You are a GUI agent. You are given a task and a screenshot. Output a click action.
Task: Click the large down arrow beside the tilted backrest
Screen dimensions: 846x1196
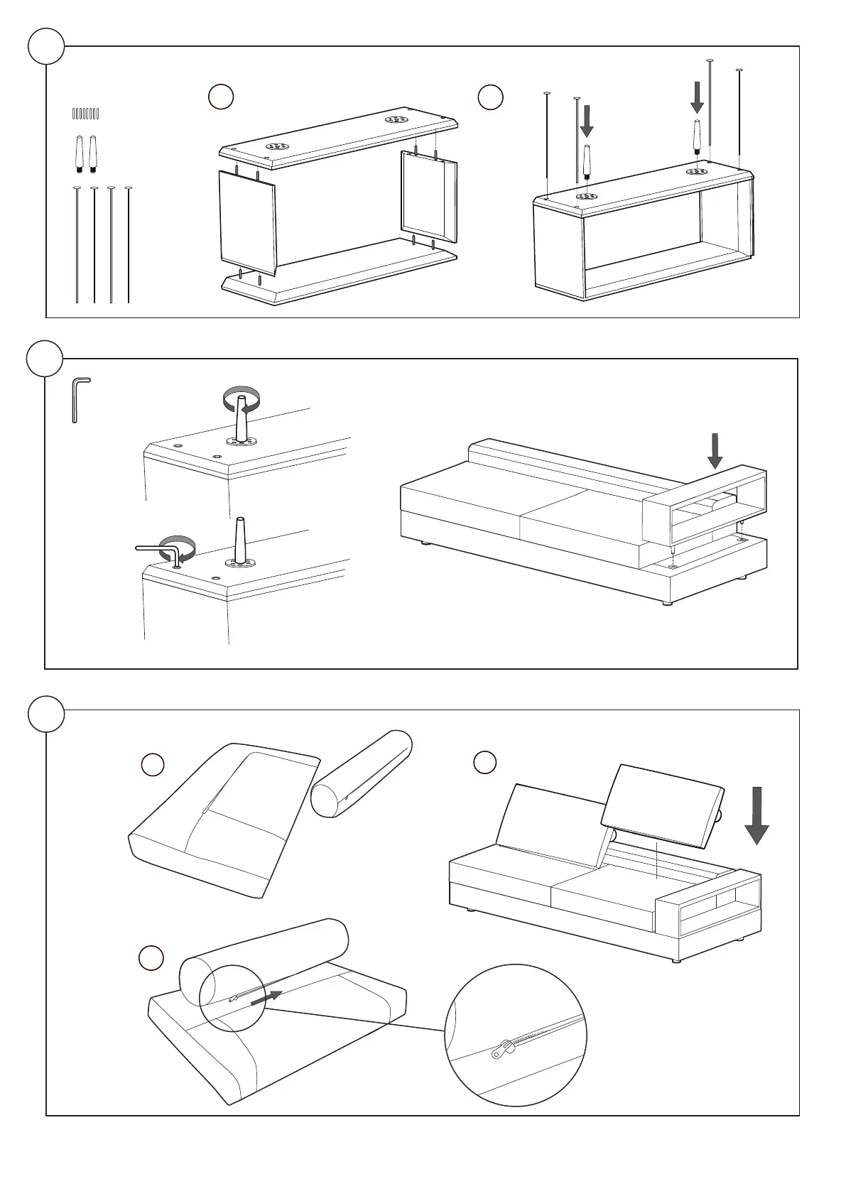coord(757,815)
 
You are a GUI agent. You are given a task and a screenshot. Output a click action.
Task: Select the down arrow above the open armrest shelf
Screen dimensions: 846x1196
coord(715,450)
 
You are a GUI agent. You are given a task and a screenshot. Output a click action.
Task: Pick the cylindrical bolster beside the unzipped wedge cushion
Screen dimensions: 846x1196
coord(362,773)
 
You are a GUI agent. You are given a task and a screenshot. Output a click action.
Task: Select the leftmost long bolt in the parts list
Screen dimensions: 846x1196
coord(77,245)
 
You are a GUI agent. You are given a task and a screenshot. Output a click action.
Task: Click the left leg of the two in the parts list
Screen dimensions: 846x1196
coord(78,153)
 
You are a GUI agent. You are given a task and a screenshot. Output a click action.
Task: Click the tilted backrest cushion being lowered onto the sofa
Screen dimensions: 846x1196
coord(662,805)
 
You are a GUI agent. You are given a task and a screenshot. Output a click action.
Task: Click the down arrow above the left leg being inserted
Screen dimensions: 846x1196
coord(587,120)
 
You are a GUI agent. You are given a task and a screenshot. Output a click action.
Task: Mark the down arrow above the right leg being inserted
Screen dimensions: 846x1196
coord(698,97)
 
